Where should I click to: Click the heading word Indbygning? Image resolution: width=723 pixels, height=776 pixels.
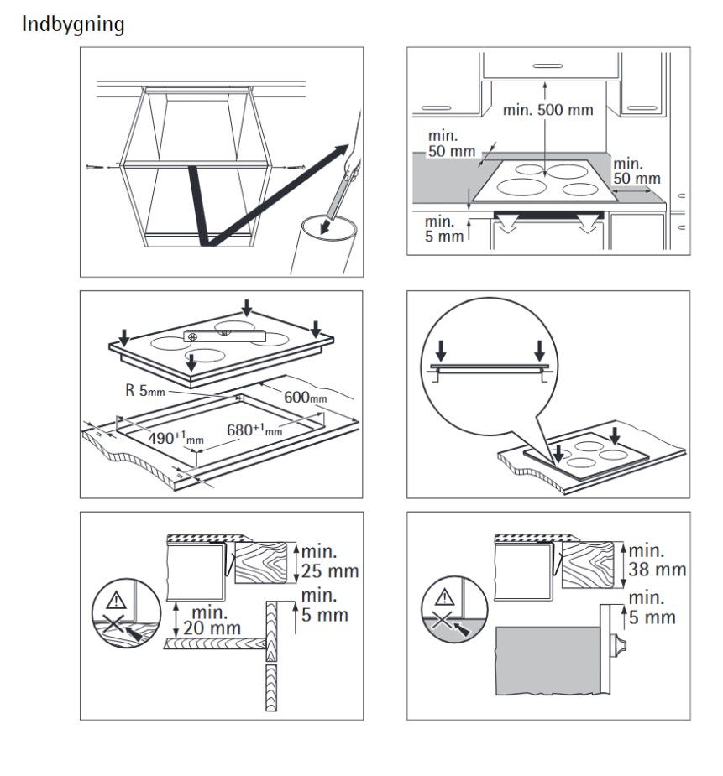[x=73, y=25]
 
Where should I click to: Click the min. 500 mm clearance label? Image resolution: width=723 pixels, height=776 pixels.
[x=547, y=110]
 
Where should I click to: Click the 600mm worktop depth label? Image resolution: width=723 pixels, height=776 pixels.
[x=305, y=398]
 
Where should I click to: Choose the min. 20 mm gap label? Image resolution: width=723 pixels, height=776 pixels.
[x=213, y=620]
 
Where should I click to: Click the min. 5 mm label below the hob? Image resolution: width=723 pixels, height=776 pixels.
[x=445, y=229]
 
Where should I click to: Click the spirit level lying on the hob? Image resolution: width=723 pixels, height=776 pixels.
[x=225, y=336]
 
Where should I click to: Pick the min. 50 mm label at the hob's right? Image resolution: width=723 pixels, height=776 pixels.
[x=637, y=171]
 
